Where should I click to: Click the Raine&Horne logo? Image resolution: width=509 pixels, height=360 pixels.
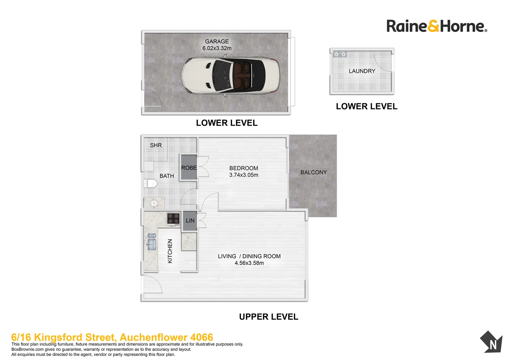(437, 26)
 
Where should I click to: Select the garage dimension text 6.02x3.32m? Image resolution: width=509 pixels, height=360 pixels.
(217, 48)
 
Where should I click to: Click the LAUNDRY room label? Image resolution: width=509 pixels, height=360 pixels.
(362, 71)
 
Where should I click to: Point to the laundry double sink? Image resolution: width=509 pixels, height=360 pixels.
(340, 54)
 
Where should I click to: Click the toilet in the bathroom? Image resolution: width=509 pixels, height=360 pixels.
(150, 184)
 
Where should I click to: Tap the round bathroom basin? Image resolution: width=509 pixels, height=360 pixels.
(154, 203)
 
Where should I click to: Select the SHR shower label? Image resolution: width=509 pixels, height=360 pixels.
(156, 145)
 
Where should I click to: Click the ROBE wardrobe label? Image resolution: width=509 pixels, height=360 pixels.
(189, 168)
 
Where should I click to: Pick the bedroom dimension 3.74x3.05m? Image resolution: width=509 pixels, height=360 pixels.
(244, 175)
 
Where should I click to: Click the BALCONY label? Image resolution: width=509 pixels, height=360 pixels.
(313, 172)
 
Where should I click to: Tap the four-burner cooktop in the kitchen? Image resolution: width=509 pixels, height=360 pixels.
(174, 219)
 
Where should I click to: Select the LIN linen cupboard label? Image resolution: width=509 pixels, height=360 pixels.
(190, 221)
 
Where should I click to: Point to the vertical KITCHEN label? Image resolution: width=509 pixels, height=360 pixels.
(170, 251)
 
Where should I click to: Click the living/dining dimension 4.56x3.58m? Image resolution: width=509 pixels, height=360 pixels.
(249, 263)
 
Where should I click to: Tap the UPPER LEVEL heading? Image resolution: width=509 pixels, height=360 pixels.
(268, 317)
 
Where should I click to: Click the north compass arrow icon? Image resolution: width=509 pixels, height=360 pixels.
(491, 342)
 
